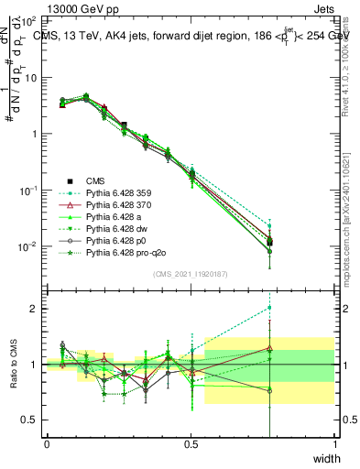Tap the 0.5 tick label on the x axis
pos(191,444)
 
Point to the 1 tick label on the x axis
pos(334,444)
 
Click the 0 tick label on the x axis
pos(47,444)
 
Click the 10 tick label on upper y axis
pos(30,77)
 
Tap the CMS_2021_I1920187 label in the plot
pos(191,274)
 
